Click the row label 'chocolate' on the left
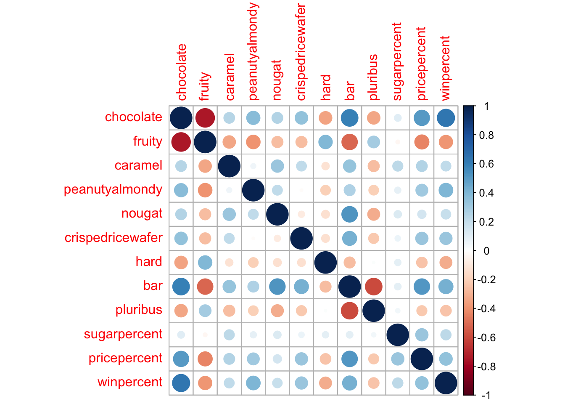(x=133, y=117)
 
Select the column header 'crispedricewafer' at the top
(x=301, y=53)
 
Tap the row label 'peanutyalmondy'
(x=113, y=189)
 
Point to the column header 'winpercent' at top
(x=446, y=68)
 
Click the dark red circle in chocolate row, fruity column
(x=205, y=118)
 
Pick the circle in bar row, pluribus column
(x=374, y=287)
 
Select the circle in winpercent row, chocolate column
(x=181, y=383)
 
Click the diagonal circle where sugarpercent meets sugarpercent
(x=398, y=335)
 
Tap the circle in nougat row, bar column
(x=349, y=214)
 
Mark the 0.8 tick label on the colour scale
(x=486, y=135)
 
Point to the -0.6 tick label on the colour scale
(x=485, y=338)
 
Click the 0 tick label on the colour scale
(x=486, y=251)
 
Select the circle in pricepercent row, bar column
(x=349, y=359)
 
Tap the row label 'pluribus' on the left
(x=139, y=310)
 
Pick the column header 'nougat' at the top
(x=277, y=80)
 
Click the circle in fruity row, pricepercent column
(x=422, y=142)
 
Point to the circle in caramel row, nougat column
(x=277, y=166)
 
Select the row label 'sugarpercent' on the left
(x=123, y=334)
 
